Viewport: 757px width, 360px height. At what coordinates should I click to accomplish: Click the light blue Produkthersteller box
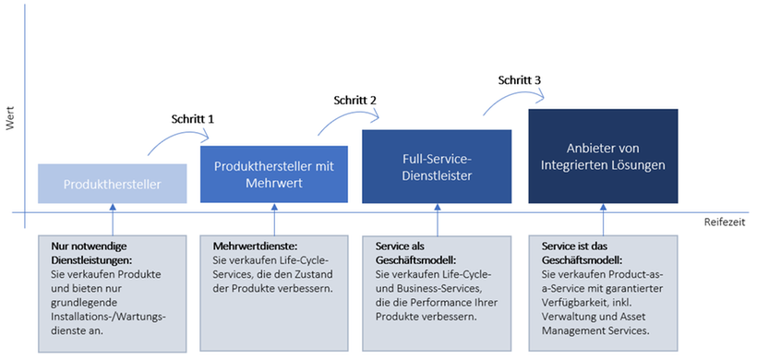pos(113,184)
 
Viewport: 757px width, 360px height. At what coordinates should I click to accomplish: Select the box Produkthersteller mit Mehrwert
pos(273,174)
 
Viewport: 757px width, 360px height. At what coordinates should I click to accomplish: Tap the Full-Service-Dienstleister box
pos(436,165)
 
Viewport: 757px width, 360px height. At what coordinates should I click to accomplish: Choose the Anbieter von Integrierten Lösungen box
pos(603,156)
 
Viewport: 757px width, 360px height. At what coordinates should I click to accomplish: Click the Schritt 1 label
pos(193,119)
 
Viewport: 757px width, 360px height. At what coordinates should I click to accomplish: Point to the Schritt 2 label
pos(354,100)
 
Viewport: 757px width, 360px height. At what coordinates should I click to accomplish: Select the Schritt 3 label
pos(519,80)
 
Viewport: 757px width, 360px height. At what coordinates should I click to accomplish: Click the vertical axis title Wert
pos(10,121)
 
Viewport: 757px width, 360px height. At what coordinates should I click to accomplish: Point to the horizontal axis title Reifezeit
pos(723,222)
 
